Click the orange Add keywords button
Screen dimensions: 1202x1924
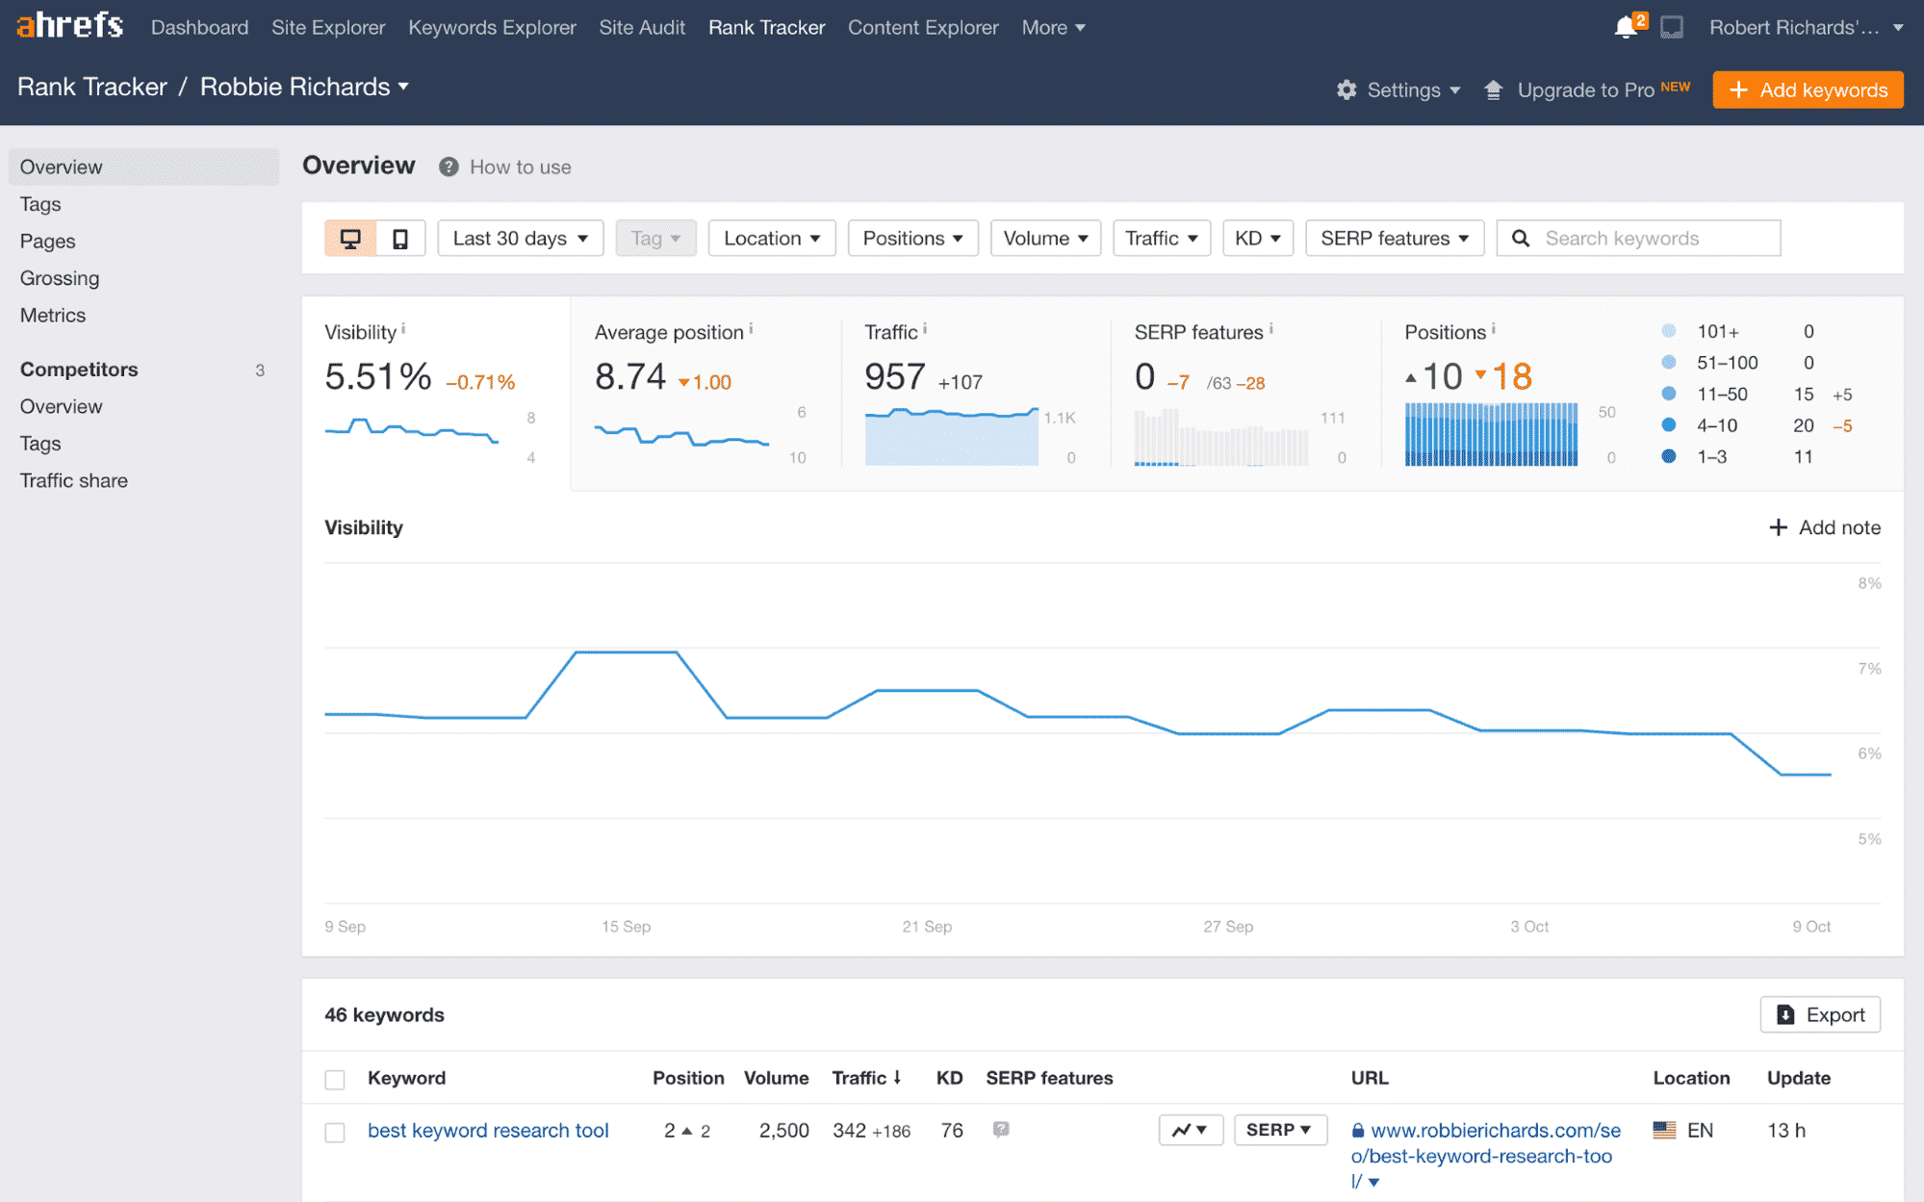pyautogui.click(x=1807, y=90)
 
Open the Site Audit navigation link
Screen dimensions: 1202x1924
pyautogui.click(x=642, y=27)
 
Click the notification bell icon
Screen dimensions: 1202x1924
pyautogui.click(x=1626, y=27)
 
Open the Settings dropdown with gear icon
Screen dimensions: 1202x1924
pyautogui.click(x=1398, y=90)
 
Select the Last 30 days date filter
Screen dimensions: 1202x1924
pyautogui.click(x=520, y=238)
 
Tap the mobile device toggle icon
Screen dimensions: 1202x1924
pyautogui.click(x=400, y=238)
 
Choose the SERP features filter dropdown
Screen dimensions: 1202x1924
pyautogui.click(x=1394, y=238)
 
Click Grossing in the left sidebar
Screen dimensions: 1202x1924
pyautogui.click(x=60, y=278)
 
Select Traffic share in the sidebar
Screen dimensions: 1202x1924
pyautogui.click(x=74, y=480)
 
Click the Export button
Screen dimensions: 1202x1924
pyautogui.click(x=1819, y=1014)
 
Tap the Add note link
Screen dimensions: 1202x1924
pyautogui.click(x=1825, y=527)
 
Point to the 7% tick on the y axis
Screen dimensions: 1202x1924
pyautogui.click(x=1868, y=668)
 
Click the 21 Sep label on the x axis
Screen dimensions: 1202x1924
pyautogui.click(x=927, y=926)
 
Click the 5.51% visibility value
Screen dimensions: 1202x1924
pyautogui.click(x=378, y=376)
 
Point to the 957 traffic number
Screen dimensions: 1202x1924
pyautogui.click(x=895, y=376)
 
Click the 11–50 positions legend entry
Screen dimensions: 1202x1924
pyautogui.click(x=1722, y=394)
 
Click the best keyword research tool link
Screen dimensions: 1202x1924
pyautogui.click(x=488, y=1130)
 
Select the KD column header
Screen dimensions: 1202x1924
pyautogui.click(x=949, y=1078)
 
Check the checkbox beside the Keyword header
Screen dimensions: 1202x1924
pyautogui.click(x=335, y=1079)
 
